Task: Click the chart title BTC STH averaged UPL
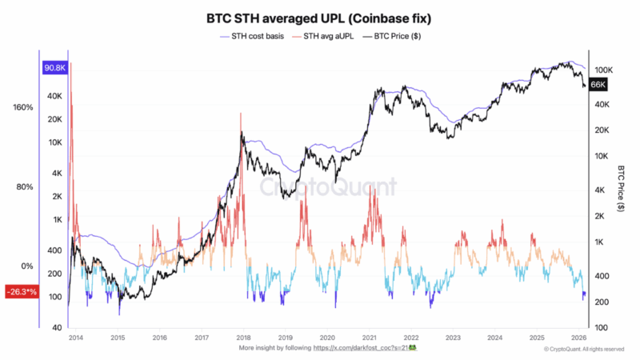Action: [x=320, y=18]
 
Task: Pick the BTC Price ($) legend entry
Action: [x=398, y=36]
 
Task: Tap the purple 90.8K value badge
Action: [x=54, y=69]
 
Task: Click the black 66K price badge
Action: [x=600, y=84]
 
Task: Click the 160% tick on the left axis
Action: [x=23, y=107]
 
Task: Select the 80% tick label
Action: [x=25, y=187]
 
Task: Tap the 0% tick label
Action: [x=26, y=266]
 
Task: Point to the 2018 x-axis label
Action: [x=245, y=338]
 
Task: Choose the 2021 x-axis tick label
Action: [x=369, y=338]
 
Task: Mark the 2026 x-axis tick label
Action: [x=582, y=338]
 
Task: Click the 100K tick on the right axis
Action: [x=603, y=70]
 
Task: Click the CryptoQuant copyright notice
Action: [x=584, y=350]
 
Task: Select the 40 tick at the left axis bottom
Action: [x=58, y=328]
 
